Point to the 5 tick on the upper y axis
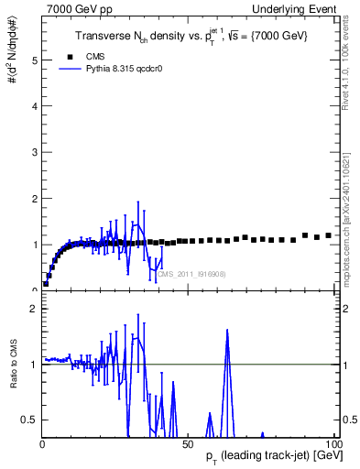point(35,60)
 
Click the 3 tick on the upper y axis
point(35,152)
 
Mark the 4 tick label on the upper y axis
point(35,106)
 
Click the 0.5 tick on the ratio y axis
point(32,420)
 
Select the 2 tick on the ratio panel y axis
point(35,309)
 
